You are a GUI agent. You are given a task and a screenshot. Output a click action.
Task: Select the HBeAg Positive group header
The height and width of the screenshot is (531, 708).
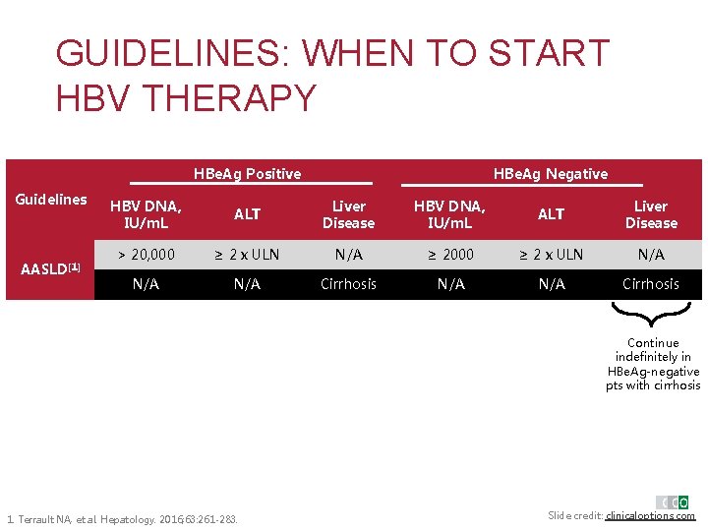pyautogui.click(x=248, y=174)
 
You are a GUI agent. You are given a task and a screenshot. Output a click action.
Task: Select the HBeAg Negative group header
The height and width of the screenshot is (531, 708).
pyautogui.click(x=550, y=174)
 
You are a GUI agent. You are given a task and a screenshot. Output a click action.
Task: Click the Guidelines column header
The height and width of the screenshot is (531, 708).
pyautogui.click(x=51, y=200)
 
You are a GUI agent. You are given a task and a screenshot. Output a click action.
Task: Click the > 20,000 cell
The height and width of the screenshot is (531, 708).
pyautogui.click(x=147, y=255)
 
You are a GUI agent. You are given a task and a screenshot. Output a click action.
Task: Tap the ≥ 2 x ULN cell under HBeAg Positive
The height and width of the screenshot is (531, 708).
pyautogui.click(x=247, y=255)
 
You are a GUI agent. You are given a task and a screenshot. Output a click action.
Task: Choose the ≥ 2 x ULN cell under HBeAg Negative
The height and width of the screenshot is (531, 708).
pyautogui.click(x=551, y=255)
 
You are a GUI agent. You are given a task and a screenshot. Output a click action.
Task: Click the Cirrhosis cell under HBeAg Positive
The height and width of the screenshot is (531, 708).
pyautogui.click(x=348, y=284)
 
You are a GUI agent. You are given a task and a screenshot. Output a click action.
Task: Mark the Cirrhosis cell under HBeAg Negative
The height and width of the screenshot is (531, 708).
pyautogui.click(x=651, y=284)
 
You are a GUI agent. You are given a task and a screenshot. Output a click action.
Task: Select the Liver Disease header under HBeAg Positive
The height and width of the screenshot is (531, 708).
pyautogui.click(x=348, y=214)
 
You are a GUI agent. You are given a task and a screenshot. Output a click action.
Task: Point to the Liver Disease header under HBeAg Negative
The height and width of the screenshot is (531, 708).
pyautogui.click(x=651, y=214)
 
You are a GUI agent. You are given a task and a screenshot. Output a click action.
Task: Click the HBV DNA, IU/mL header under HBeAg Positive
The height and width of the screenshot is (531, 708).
pyautogui.click(x=146, y=214)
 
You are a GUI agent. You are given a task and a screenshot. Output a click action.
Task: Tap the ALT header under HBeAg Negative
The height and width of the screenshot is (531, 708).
pyautogui.click(x=551, y=214)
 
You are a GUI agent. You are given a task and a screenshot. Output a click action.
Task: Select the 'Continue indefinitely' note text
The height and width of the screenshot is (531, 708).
pyautogui.click(x=653, y=365)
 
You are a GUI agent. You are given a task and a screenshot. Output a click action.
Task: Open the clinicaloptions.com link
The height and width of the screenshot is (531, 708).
pyautogui.click(x=650, y=516)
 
